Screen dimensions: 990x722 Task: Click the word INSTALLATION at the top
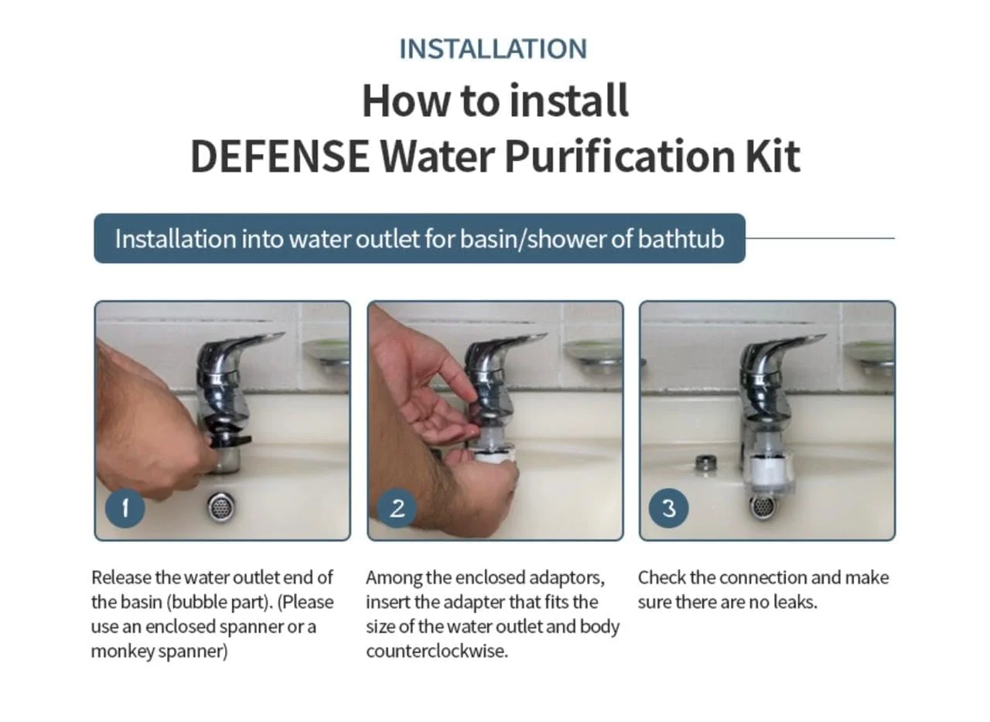pos(493,49)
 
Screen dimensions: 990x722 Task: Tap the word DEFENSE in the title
pos(280,156)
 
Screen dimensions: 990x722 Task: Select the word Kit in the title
pos(773,156)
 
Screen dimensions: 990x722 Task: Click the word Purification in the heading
pos(621,156)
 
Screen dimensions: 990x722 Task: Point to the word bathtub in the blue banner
pos(681,239)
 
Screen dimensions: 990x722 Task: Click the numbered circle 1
pos(125,508)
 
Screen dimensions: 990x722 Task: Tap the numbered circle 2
pos(397,508)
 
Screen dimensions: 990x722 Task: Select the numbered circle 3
pos(669,508)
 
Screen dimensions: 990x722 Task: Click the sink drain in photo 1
pos(221,506)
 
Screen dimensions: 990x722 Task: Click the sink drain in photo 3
pos(763,506)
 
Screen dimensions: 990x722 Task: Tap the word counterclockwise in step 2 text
pos(437,652)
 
